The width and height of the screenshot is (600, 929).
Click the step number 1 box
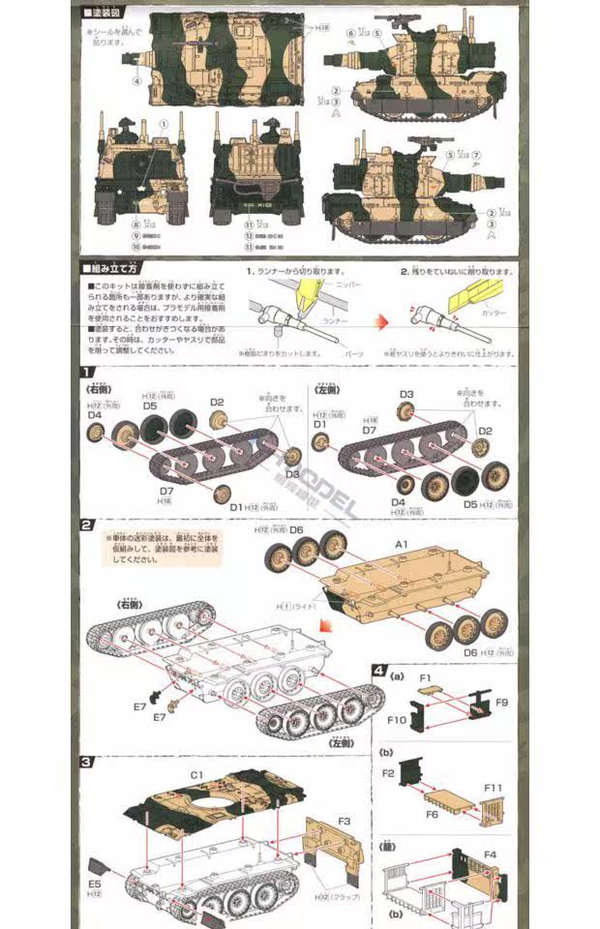(x=87, y=373)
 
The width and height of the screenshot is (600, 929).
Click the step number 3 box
(x=87, y=761)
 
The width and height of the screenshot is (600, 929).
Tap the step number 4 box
(x=379, y=670)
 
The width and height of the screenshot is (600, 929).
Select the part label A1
(x=401, y=545)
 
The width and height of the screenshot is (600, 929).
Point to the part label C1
(x=196, y=774)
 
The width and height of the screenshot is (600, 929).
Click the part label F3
(x=345, y=821)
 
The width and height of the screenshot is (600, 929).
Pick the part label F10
(x=398, y=721)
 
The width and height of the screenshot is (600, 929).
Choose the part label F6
(x=432, y=813)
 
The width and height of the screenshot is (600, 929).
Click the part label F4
(x=490, y=854)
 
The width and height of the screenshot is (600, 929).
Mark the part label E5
(x=94, y=884)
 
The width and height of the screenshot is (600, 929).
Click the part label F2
(x=388, y=773)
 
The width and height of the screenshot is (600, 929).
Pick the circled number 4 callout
(x=137, y=81)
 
